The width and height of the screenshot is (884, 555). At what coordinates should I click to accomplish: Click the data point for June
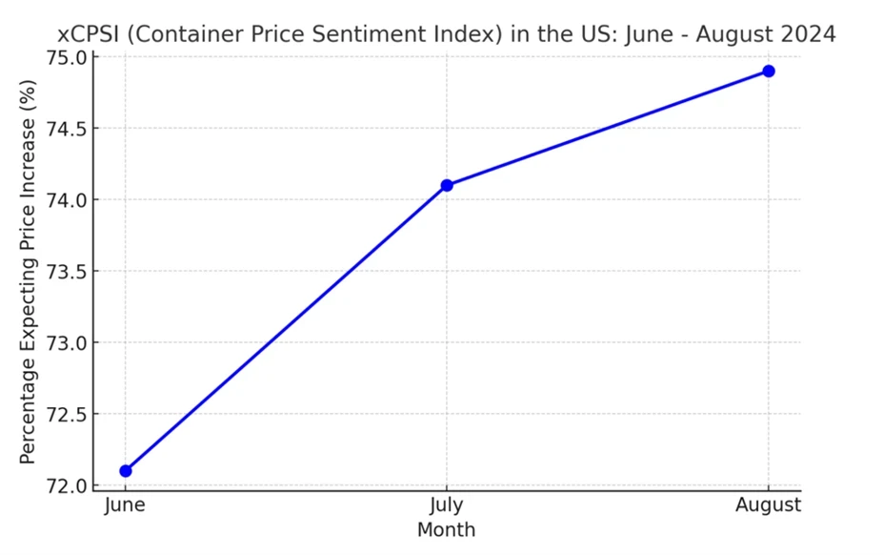pyautogui.click(x=125, y=470)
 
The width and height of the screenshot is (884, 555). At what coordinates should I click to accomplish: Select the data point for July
pyautogui.click(x=447, y=185)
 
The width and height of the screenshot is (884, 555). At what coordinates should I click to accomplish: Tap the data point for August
pyautogui.click(x=769, y=72)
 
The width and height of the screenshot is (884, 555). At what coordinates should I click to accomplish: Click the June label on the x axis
pyautogui.click(x=125, y=505)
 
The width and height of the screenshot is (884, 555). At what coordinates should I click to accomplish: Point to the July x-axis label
pyautogui.click(x=447, y=505)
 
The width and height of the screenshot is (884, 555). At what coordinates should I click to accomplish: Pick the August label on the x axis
pyautogui.click(x=769, y=505)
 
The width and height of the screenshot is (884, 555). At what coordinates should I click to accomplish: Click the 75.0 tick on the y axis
pyautogui.click(x=67, y=57)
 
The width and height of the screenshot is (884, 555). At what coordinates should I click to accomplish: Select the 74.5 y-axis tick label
pyautogui.click(x=67, y=129)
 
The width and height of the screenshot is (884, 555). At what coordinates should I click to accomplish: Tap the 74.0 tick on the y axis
pyautogui.click(x=67, y=200)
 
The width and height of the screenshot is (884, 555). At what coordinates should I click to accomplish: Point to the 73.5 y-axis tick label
pyautogui.click(x=67, y=272)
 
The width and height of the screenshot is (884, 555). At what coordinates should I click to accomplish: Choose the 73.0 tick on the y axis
pyautogui.click(x=67, y=343)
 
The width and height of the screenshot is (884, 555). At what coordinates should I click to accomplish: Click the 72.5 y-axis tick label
pyautogui.click(x=67, y=415)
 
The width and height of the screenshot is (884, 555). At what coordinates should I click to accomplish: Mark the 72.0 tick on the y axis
pyautogui.click(x=67, y=486)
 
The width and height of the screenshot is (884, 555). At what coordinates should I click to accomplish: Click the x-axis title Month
pyautogui.click(x=446, y=529)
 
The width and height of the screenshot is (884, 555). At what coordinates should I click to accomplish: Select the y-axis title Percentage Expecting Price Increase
pyautogui.click(x=29, y=272)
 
